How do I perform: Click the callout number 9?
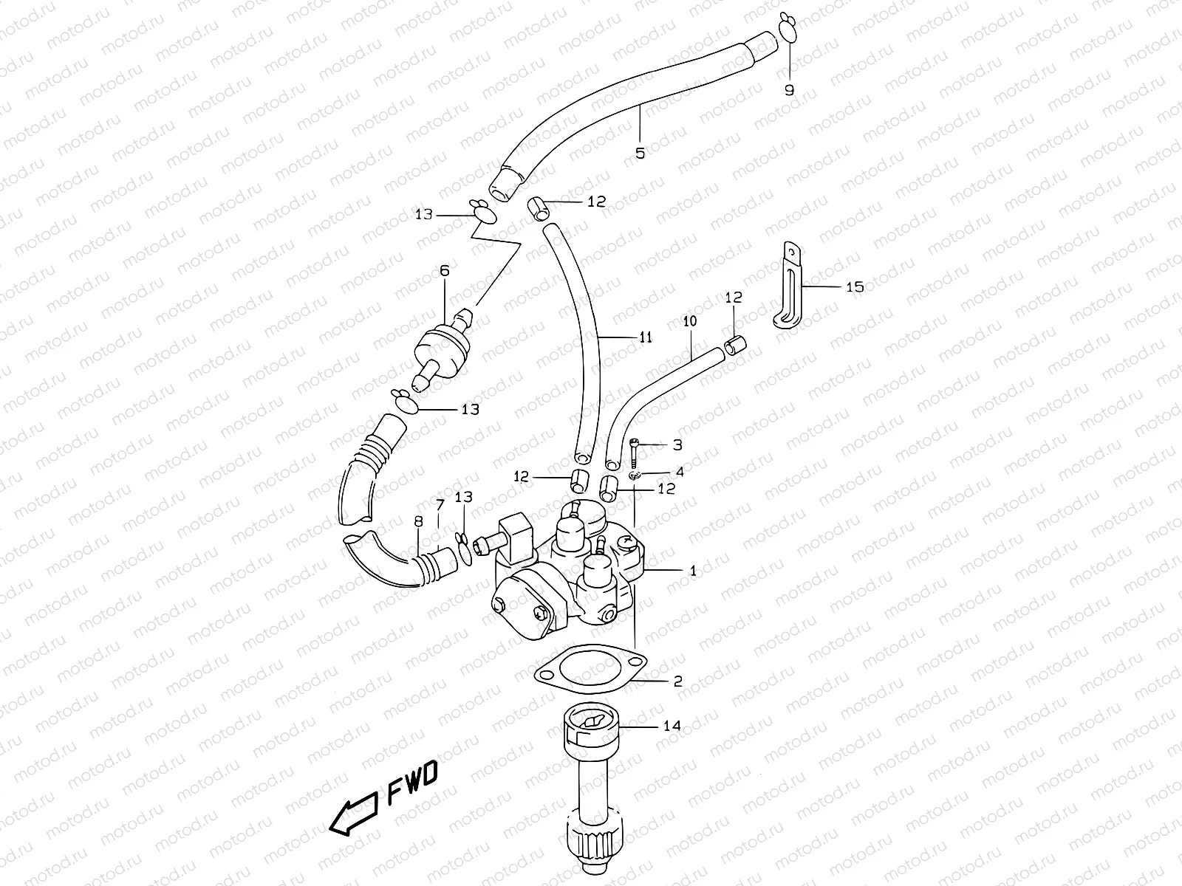pos(789,90)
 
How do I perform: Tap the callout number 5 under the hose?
pos(640,153)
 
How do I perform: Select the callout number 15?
pos(854,286)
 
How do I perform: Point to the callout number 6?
pos(444,271)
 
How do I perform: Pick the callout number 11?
pos(646,337)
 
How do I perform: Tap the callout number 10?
pos(689,321)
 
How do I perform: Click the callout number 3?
pos(677,444)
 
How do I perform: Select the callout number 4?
pos(679,471)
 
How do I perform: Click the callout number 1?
pos(692,570)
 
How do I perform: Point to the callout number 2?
pos(677,681)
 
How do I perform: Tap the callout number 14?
pos(672,726)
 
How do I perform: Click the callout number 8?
pos(418,521)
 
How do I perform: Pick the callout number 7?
pos(440,505)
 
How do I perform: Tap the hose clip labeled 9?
pos(788,30)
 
